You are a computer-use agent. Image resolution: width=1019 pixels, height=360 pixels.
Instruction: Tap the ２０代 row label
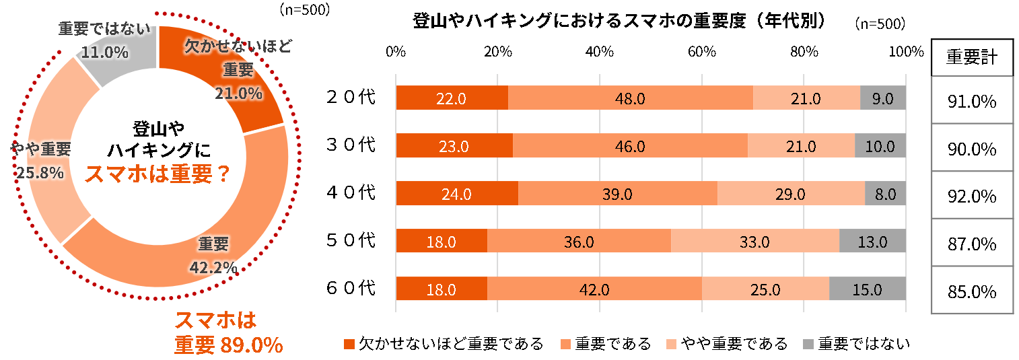coord(350,98)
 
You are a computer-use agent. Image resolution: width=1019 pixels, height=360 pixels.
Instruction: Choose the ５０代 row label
coord(350,240)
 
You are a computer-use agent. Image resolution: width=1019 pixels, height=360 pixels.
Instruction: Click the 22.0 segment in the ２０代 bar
coord(452,98)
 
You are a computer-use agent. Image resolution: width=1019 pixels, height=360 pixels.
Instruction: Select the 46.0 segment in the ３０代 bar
coord(630,146)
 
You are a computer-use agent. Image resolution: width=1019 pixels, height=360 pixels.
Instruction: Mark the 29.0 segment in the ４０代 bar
coord(791,194)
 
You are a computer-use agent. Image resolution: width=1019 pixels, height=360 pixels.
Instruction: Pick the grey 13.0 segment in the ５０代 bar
coord(872,241)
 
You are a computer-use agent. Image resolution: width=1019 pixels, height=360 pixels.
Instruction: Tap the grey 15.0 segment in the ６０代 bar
coord(867,289)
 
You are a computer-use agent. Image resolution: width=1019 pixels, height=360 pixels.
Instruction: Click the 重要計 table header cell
coord(972,57)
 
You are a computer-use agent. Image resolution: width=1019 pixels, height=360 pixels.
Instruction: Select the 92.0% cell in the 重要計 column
coord(972,196)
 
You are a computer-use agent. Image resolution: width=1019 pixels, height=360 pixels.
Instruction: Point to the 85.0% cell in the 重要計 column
coord(972,291)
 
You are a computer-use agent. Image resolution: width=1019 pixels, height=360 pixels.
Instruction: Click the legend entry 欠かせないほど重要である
coord(444,344)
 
